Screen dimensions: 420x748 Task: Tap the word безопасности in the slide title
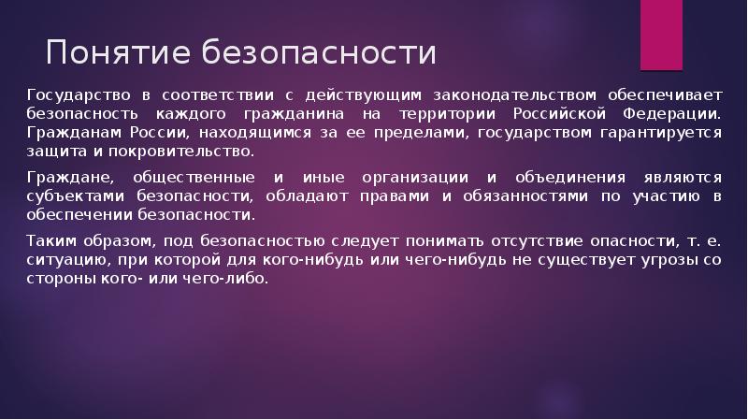[x=318, y=52]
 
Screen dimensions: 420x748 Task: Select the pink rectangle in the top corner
[x=661, y=35]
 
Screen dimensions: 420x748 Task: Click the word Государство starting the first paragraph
[x=76, y=95]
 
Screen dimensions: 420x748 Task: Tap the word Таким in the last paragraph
[x=47, y=240]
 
